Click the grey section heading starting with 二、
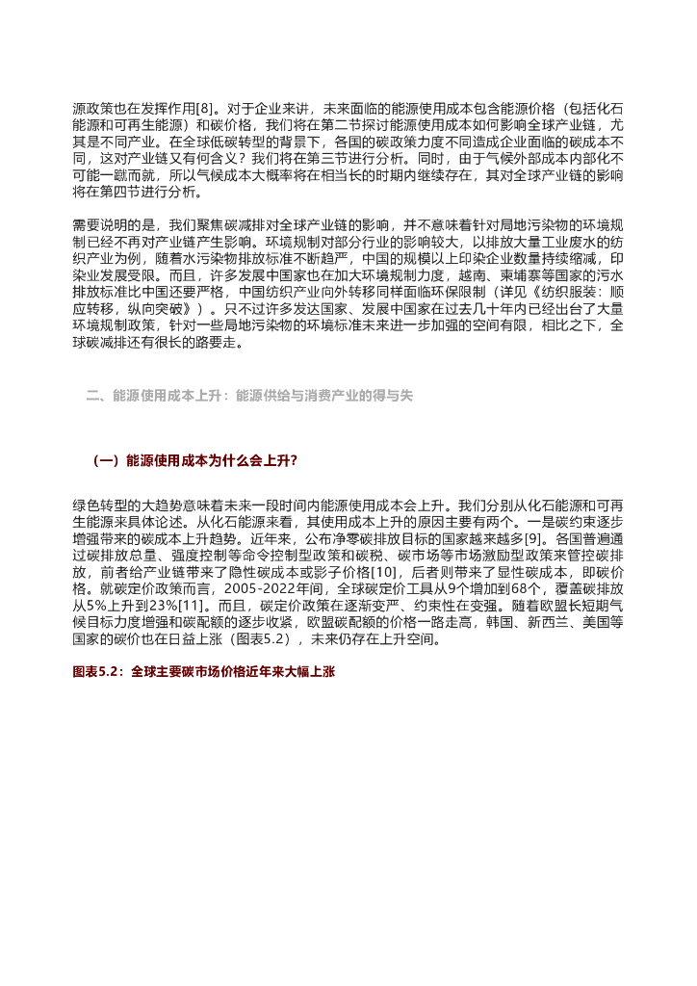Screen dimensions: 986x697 (x=249, y=396)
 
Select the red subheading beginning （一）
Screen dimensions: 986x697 (x=194, y=461)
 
